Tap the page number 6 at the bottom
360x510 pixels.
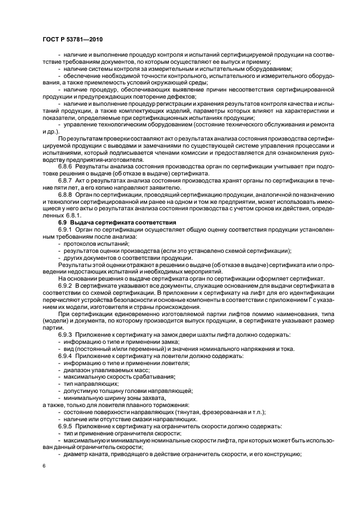tap(44, 466)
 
